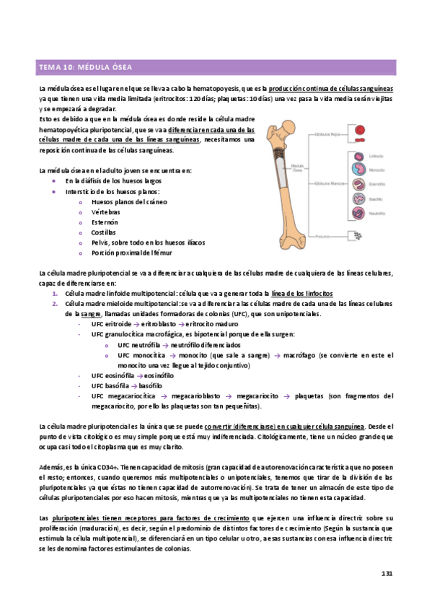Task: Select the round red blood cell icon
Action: tap(359, 131)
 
